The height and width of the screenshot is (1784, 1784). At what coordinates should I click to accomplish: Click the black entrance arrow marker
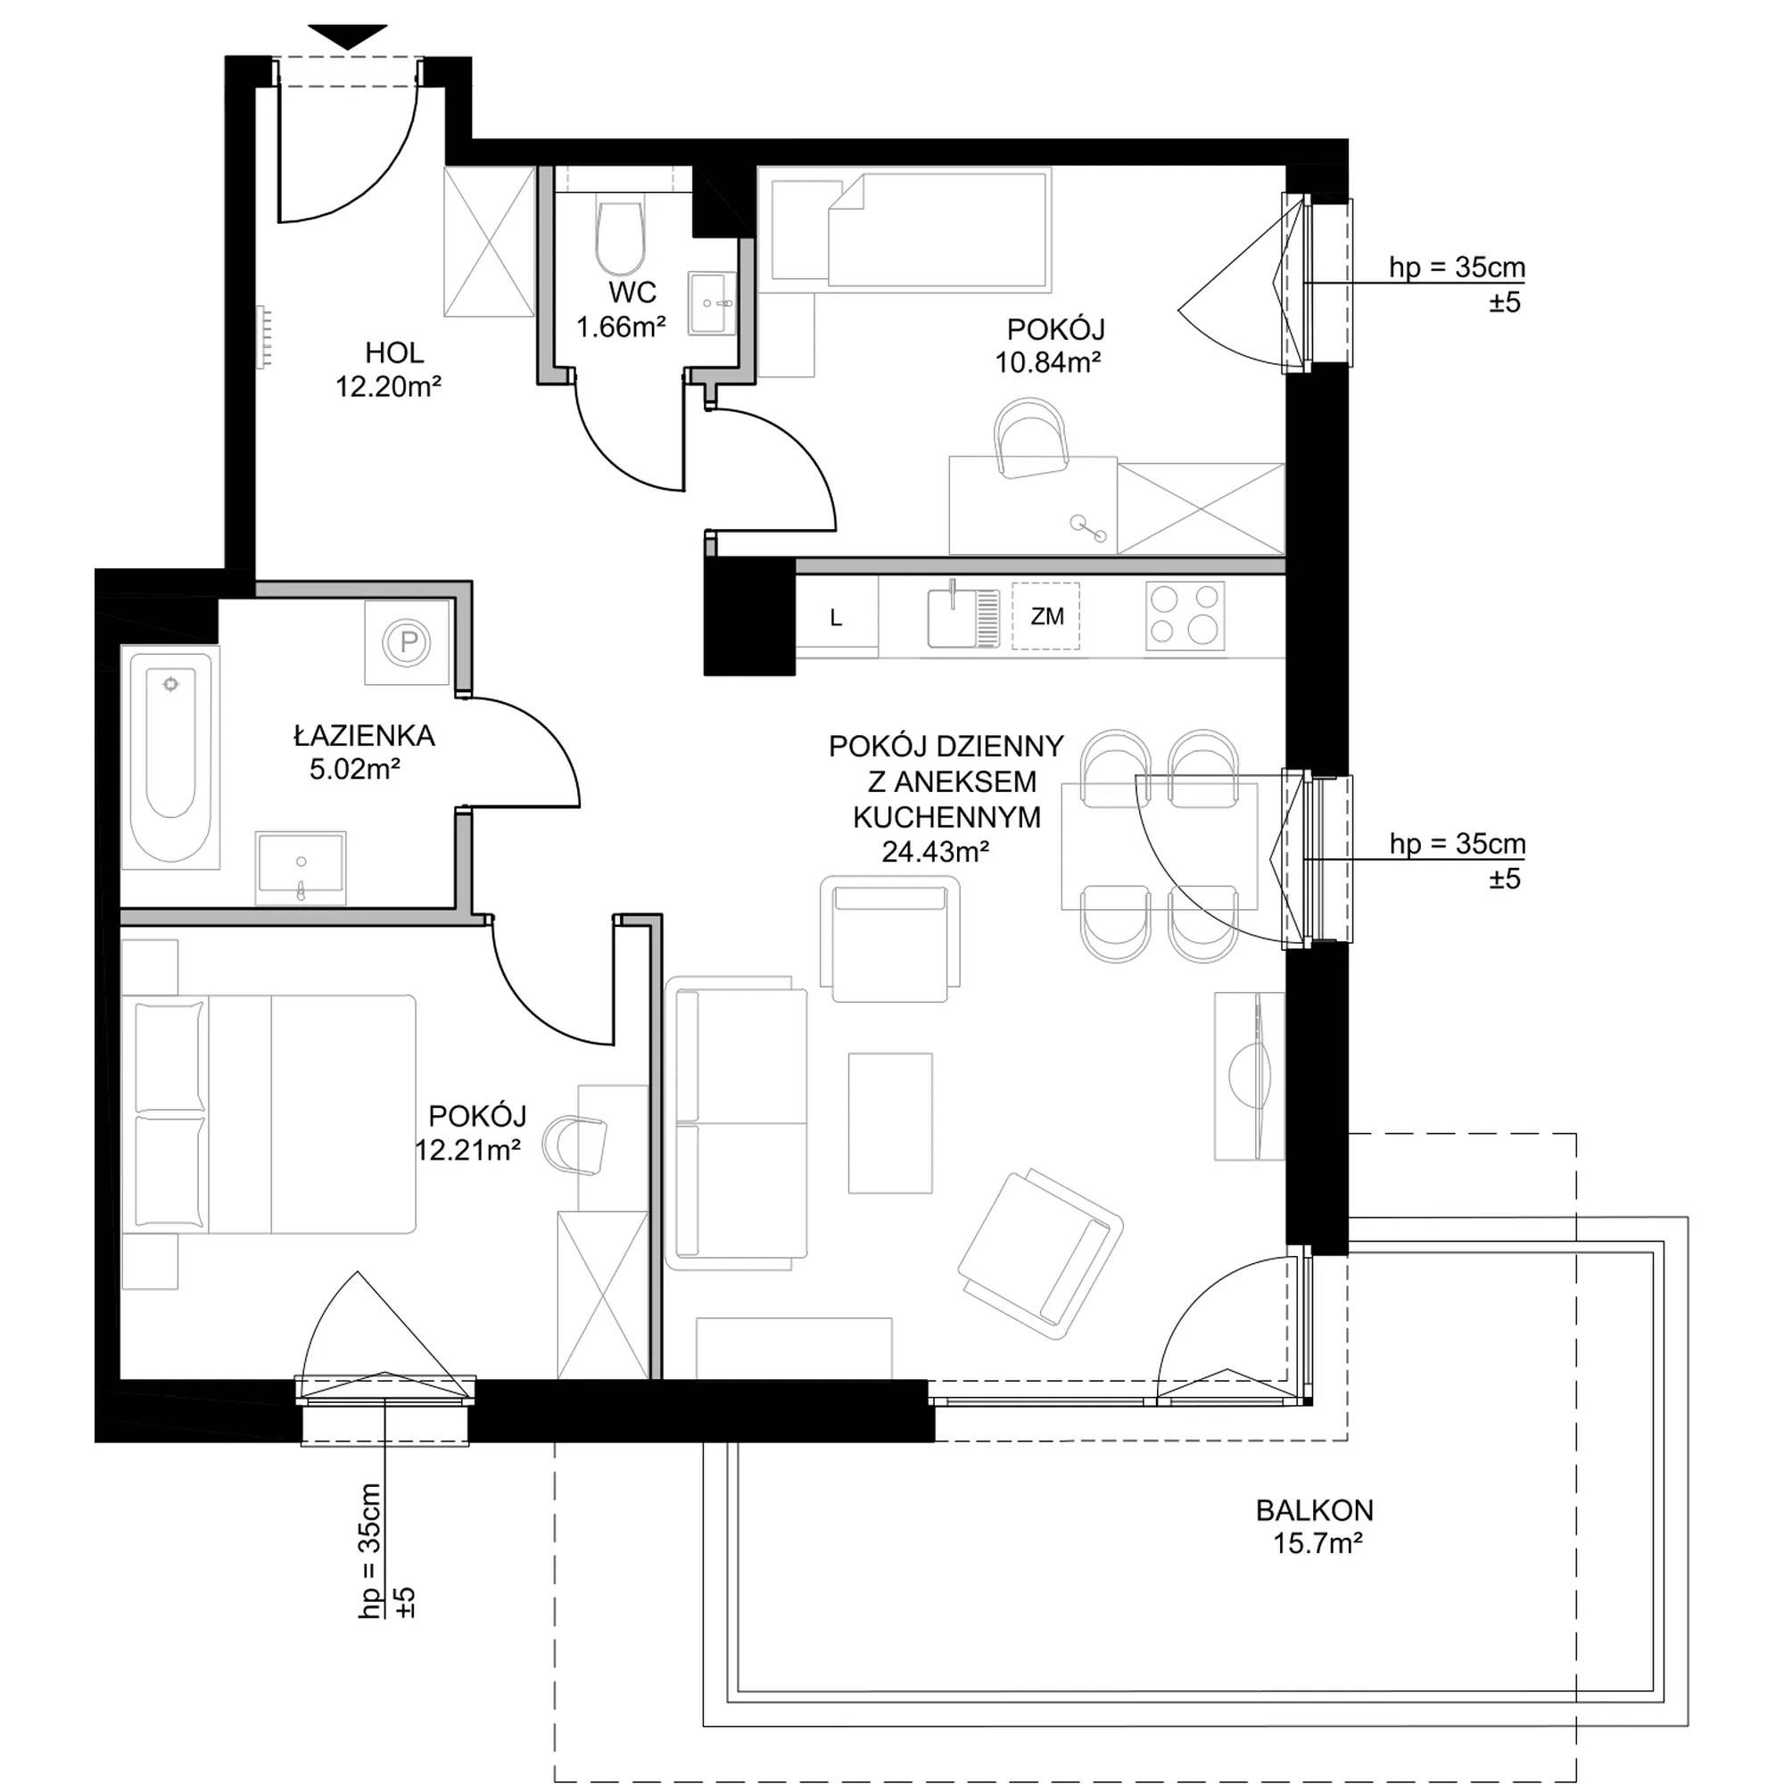(x=348, y=37)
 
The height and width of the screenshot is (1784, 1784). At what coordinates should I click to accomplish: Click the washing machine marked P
(x=408, y=641)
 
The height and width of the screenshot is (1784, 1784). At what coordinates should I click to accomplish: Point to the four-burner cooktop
(x=1185, y=615)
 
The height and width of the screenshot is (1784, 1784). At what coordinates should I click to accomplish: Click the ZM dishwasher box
(x=1046, y=615)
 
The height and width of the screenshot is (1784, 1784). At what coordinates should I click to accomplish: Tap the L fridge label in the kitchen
(x=836, y=619)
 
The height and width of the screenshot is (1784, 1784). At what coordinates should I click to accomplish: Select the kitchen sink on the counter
(x=963, y=615)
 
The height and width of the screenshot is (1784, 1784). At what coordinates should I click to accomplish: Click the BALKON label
(x=1314, y=1510)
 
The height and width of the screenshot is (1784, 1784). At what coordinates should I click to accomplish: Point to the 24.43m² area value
(x=936, y=851)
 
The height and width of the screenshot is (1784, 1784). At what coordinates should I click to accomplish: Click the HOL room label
(x=394, y=352)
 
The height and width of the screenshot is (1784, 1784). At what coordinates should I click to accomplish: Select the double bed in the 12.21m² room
(x=268, y=1113)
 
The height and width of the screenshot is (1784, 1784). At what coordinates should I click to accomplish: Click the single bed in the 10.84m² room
(x=911, y=228)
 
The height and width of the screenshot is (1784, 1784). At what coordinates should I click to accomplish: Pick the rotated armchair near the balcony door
(x=1041, y=1254)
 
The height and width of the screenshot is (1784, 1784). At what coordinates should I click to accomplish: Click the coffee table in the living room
(x=890, y=1123)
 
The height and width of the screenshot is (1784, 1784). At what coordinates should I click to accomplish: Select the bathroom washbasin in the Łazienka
(x=301, y=867)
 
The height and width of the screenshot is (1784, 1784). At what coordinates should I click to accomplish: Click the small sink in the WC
(x=712, y=303)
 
